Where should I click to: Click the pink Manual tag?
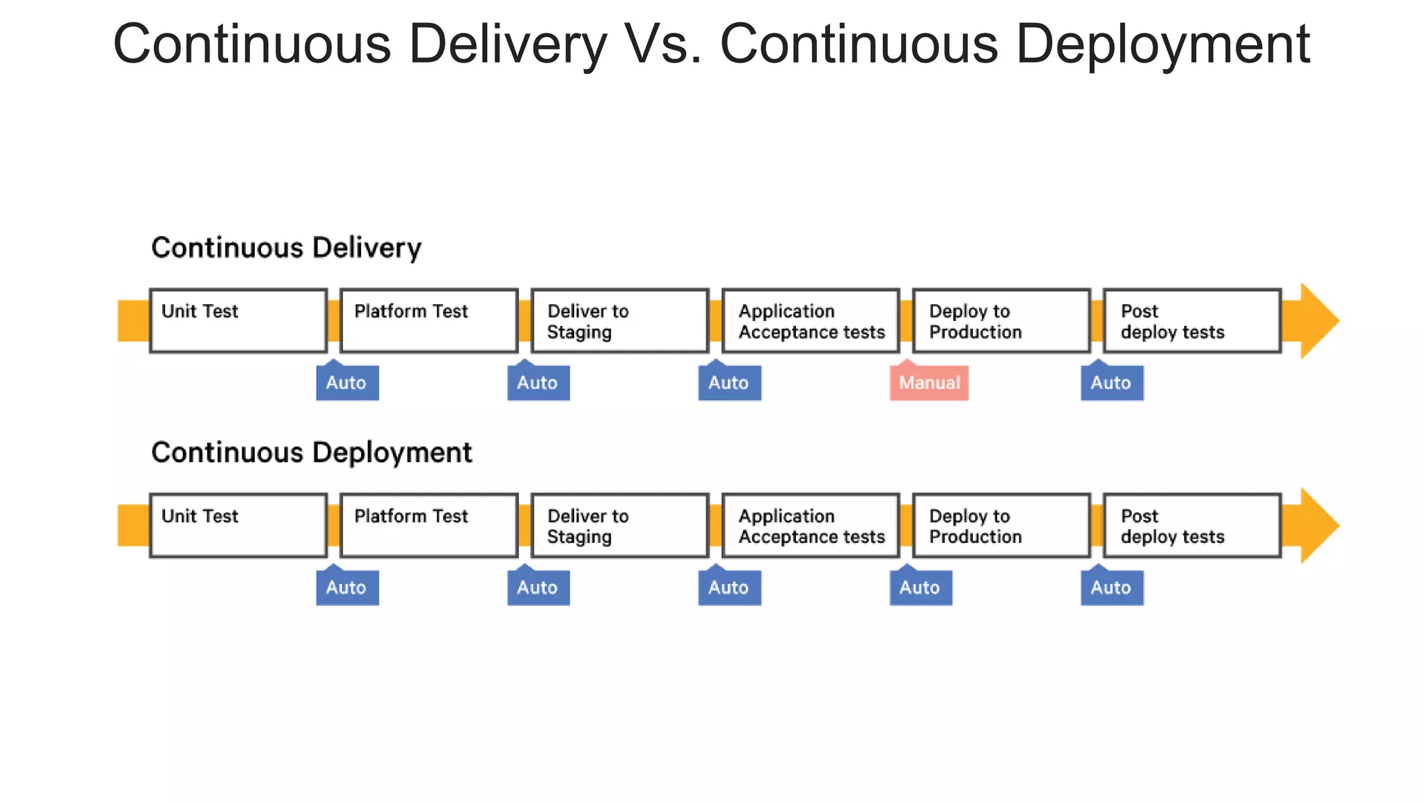(x=929, y=382)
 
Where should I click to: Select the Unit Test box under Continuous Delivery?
(x=238, y=321)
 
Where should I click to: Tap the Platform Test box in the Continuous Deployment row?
(x=429, y=526)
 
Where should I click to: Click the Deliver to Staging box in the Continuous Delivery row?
(x=619, y=321)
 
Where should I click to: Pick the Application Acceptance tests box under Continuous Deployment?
(x=811, y=526)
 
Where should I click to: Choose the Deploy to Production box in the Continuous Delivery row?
(x=1001, y=321)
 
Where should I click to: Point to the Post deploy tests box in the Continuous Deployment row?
(x=1192, y=526)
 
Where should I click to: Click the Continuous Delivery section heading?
(x=286, y=248)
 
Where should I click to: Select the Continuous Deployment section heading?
(x=311, y=453)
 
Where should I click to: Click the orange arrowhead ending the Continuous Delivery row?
(x=1316, y=321)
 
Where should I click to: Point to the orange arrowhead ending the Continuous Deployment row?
(x=1316, y=526)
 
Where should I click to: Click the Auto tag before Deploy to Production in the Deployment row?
(x=920, y=588)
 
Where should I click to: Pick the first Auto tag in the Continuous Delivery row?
(x=347, y=383)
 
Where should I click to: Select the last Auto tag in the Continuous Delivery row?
(x=1111, y=383)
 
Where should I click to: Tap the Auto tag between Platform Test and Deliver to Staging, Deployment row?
(x=538, y=588)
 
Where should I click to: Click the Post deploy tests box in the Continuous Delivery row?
(x=1192, y=321)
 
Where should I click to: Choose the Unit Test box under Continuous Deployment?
(x=238, y=526)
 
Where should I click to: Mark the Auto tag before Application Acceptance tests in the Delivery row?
(x=729, y=383)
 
